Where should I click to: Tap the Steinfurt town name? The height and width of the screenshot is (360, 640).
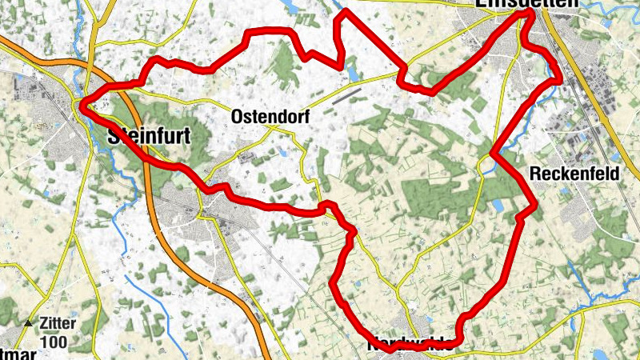pos(150,138)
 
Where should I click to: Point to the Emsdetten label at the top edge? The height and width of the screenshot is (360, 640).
pos(526,4)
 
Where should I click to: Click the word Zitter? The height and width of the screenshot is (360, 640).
pos(56,324)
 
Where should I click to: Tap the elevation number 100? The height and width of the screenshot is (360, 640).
pos(56,342)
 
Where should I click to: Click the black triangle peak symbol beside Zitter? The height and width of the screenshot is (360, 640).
pos(30,324)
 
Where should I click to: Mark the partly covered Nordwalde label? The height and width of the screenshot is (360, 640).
pos(414,346)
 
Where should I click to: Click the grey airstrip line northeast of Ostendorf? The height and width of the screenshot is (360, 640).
pos(345,96)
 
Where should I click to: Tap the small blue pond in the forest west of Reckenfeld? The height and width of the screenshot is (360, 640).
pos(498,206)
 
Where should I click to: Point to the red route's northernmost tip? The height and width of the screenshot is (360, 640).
pos(346,11)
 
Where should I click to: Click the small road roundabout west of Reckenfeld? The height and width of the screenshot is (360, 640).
pos(484,165)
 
